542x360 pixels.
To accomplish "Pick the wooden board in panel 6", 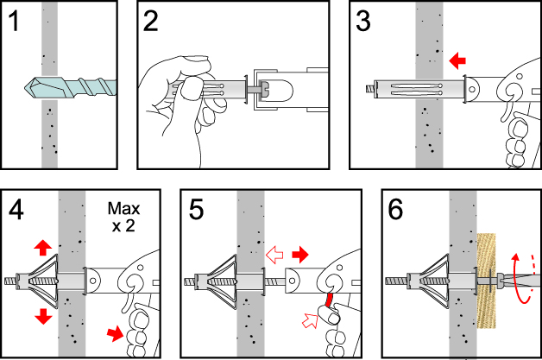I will tap(488, 281).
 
